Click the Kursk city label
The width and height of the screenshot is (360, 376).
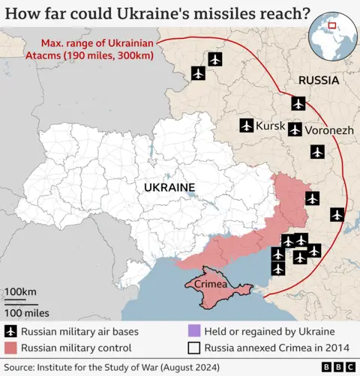[271, 126]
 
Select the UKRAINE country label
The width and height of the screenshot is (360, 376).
[169, 187]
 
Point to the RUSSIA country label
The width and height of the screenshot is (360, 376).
[319, 80]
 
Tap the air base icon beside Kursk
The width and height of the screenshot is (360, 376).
[246, 126]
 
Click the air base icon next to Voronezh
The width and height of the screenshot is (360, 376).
[295, 130]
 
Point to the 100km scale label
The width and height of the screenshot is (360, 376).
[21, 291]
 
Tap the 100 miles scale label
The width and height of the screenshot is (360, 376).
[27, 312]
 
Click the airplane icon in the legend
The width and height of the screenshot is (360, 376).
[11, 331]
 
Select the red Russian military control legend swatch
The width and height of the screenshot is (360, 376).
[11, 348]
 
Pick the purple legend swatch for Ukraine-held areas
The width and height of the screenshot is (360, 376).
[193, 331]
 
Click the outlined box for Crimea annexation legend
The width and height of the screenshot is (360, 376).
[193, 348]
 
